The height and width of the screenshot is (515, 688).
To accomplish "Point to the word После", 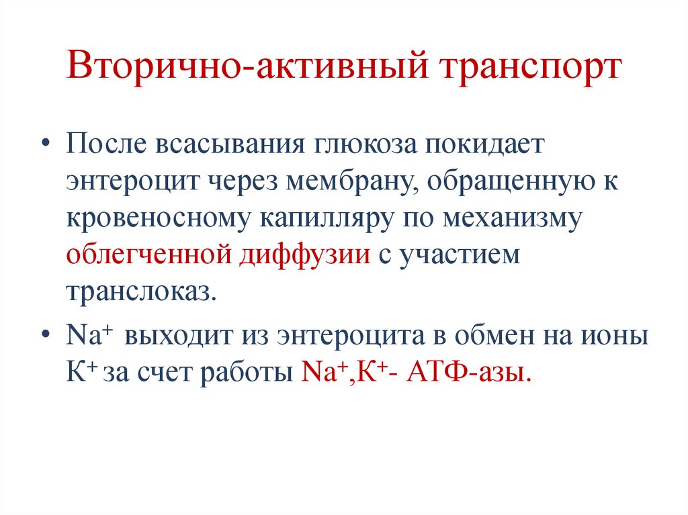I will [107, 146].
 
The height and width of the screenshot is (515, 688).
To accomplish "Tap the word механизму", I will [511, 219].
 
